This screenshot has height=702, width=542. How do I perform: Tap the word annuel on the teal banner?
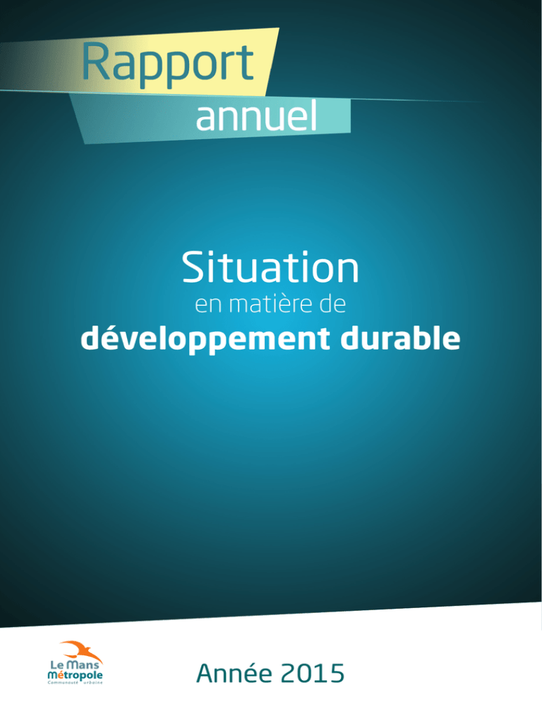tap(256, 116)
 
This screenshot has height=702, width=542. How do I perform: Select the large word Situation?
tap(270, 267)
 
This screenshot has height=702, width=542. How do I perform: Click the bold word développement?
tap(205, 339)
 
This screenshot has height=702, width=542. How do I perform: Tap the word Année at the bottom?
tap(234, 673)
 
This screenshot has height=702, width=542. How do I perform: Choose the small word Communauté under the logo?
tap(63, 682)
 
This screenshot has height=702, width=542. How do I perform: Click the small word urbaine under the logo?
tap(92, 682)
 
